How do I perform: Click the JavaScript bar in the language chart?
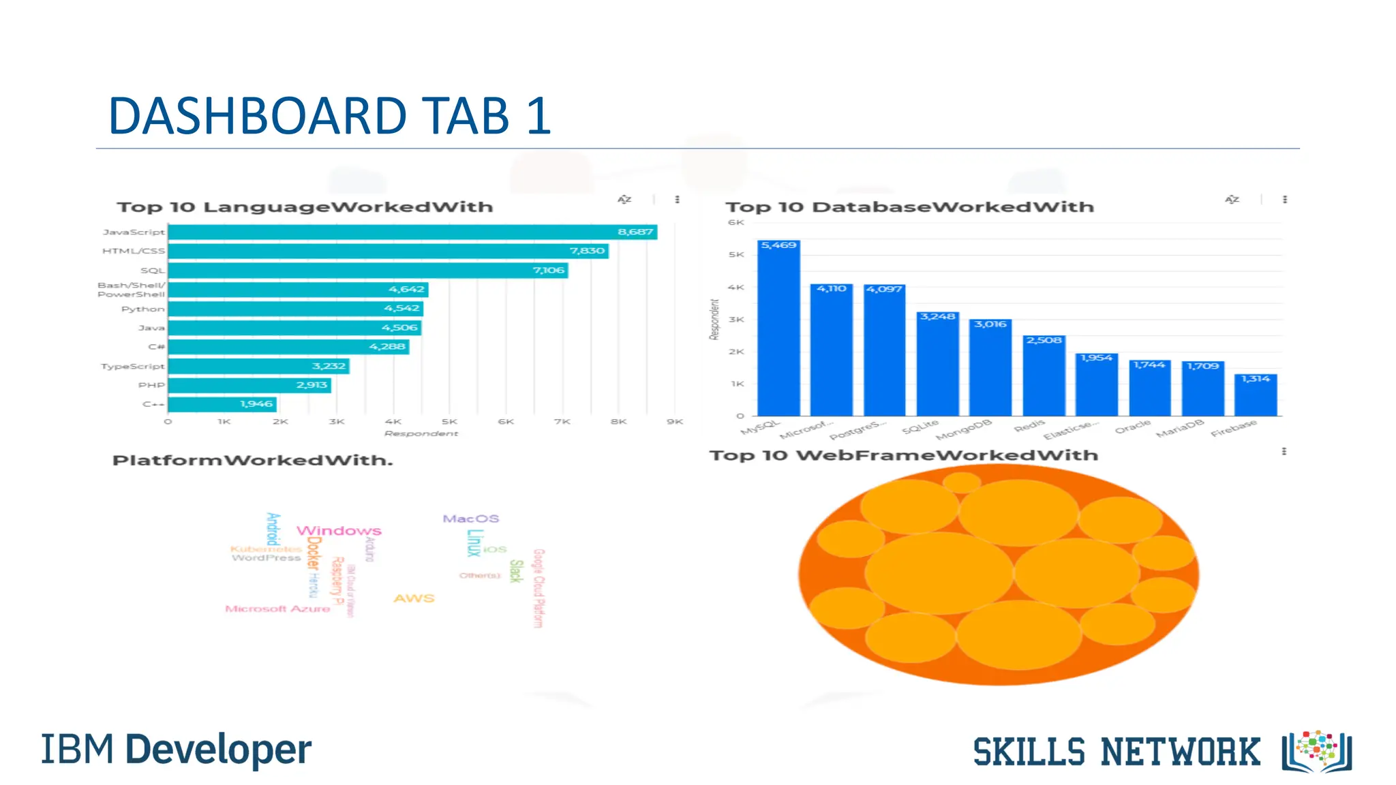[412, 232]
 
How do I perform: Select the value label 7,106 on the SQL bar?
[549, 271]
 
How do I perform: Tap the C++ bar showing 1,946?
[222, 404]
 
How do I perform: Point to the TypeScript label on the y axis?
[133, 367]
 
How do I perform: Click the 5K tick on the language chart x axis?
[449, 422]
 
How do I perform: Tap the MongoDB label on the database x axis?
[964, 431]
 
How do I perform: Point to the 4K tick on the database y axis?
[736, 288]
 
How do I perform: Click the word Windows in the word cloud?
[339, 531]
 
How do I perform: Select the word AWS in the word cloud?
[414, 598]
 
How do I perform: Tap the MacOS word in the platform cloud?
[471, 519]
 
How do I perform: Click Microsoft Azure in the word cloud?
[277, 609]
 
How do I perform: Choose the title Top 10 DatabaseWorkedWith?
[909, 207]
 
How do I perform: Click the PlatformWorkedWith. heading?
[253, 461]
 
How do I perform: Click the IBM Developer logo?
[177, 750]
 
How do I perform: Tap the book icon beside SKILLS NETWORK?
[1316, 752]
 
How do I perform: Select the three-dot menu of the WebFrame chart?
[1284, 452]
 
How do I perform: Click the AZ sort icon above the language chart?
[624, 200]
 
